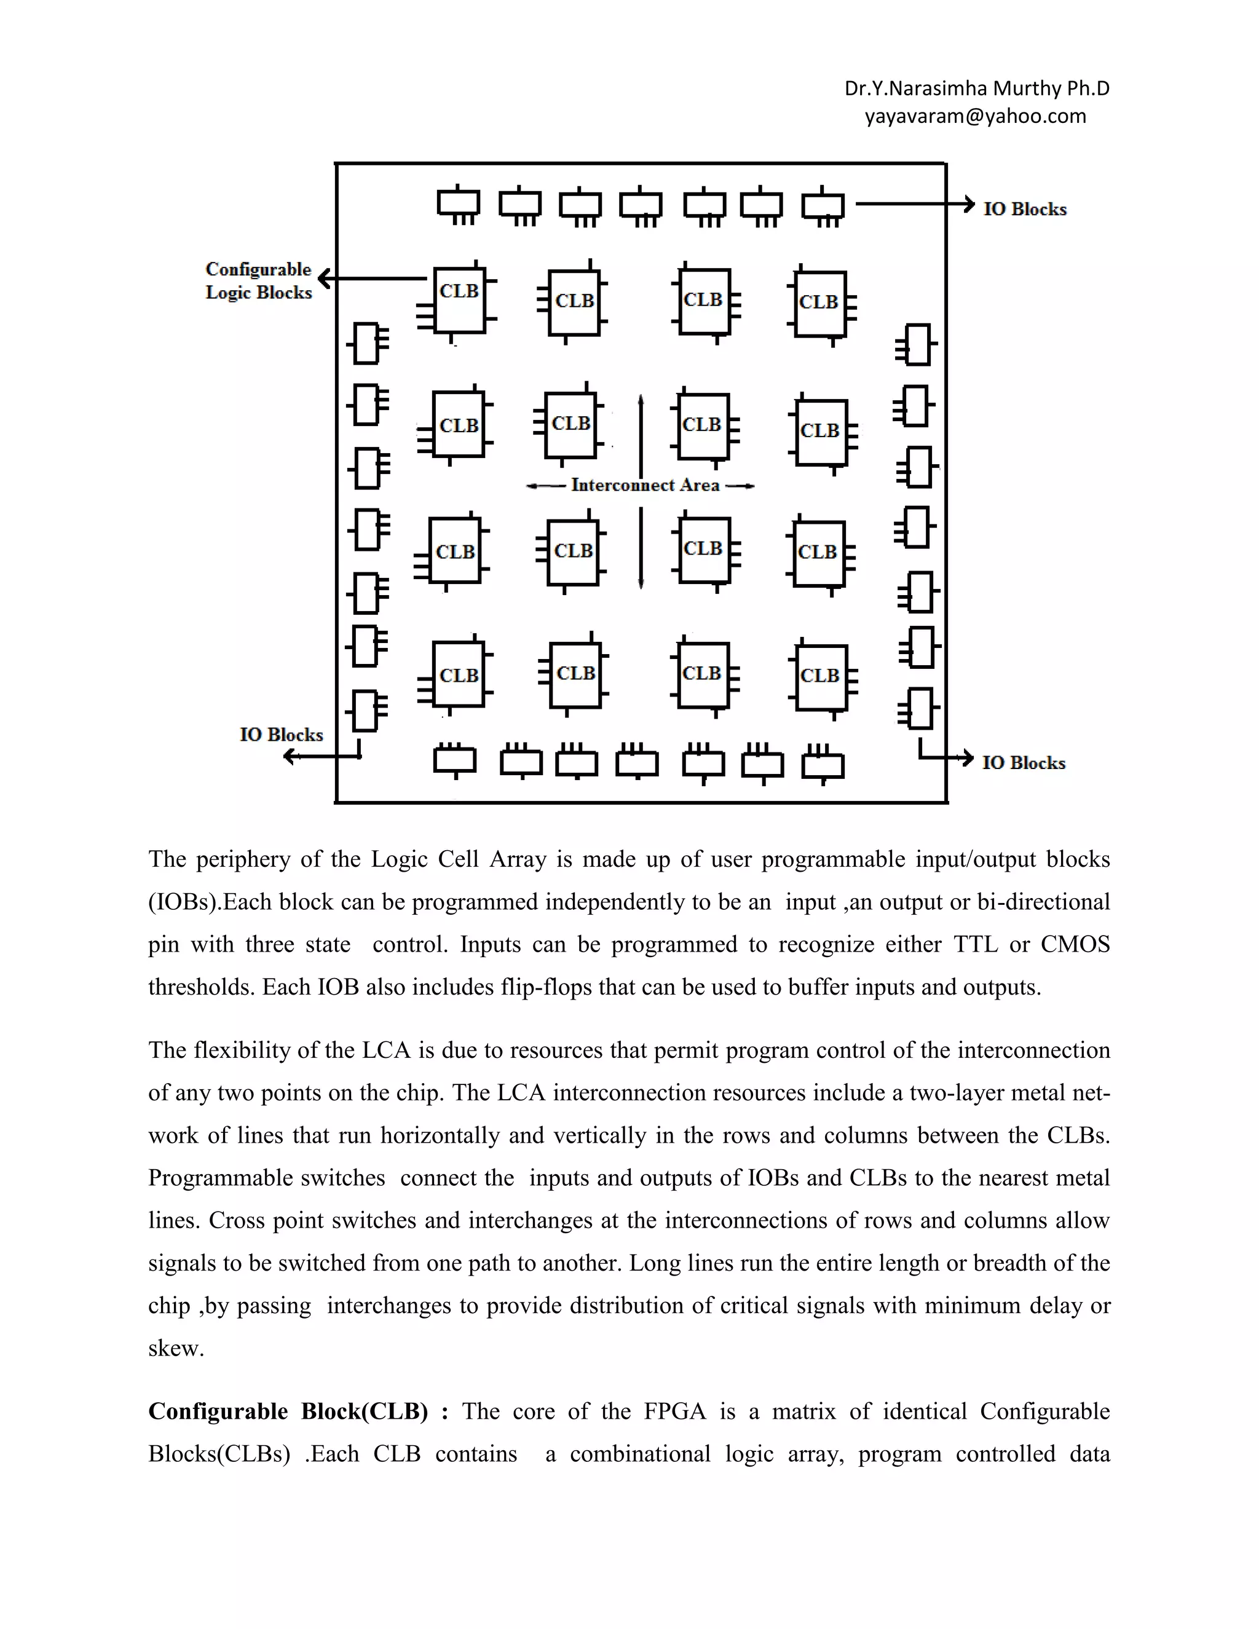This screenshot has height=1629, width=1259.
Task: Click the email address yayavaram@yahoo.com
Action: tap(975, 116)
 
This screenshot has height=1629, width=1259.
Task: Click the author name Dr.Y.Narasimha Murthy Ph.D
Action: tap(976, 89)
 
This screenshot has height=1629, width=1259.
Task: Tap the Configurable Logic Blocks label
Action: tap(258, 280)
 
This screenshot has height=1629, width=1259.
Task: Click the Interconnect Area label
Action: tap(644, 486)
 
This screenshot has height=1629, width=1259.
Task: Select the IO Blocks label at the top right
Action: tap(1025, 210)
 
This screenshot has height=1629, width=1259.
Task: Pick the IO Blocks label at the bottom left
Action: tap(281, 735)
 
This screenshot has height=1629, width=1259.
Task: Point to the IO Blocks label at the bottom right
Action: tap(1024, 763)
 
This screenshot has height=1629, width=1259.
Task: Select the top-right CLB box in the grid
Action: tap(819, 303)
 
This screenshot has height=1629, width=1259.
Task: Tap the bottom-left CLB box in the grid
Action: tap(458, 674)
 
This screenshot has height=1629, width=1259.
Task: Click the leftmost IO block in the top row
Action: tap(458, 203)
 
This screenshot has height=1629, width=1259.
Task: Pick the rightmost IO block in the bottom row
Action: tap(822, 765)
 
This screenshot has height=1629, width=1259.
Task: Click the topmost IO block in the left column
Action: tap(366, 343)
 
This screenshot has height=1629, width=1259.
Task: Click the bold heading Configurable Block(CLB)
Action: tap(288, 1411)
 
